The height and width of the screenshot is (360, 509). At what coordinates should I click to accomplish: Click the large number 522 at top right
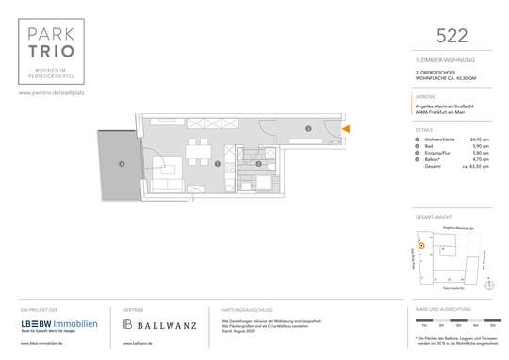(452, 35)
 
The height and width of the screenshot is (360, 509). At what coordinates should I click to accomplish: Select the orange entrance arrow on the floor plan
(347, 128)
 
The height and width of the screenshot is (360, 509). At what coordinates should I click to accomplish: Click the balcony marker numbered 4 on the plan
(121, 165)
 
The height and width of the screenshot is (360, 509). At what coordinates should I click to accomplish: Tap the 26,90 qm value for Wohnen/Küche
(482, 139)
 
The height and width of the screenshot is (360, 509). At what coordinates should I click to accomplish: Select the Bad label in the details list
(429, 147)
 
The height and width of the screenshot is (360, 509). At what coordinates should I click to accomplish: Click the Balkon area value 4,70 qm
(484, 161)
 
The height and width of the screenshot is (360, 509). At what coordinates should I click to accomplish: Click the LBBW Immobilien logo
(58, 325)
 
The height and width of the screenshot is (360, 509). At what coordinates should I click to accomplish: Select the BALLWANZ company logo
(160, 325)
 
